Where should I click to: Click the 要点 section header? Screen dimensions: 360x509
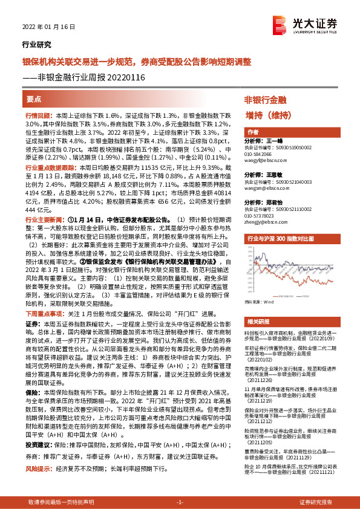(x=34, y=99)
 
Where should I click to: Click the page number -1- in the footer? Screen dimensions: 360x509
(x=180, y=502)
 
